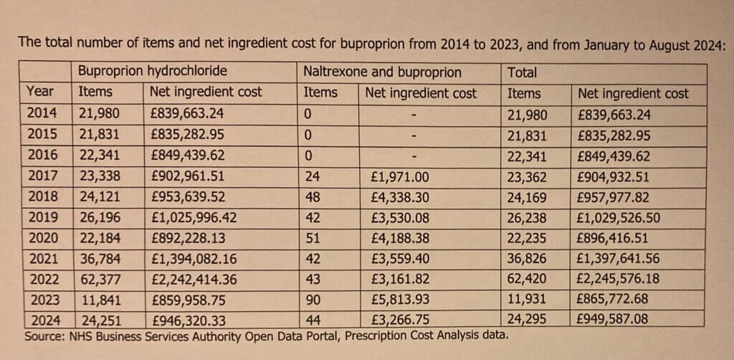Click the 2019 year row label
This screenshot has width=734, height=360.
pyautogui.click(x=44, y=218)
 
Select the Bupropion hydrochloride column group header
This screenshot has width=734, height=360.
pyautogui.click(x=152, y=72)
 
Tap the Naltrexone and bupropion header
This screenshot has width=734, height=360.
pyautogui.click(x=383, y=72)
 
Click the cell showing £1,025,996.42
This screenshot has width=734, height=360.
pyautogui.click(x=194, y=218)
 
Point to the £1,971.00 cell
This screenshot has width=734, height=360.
pyautogui.click(x=400, y=177)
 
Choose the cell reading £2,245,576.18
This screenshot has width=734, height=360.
pyautogui.click(x=619, y=279)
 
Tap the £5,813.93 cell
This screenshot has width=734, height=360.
pyautogui.click(x=400, y=300)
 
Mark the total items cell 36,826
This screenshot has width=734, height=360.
pyautogui.click(x=527, y=259)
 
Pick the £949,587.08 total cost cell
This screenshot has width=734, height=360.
pyautogui.click(x=614, y=320)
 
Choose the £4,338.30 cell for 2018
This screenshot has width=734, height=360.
pyautogui.click(x=400, y=197)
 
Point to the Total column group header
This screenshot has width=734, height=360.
pyautogui.click(x=523, y=72)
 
